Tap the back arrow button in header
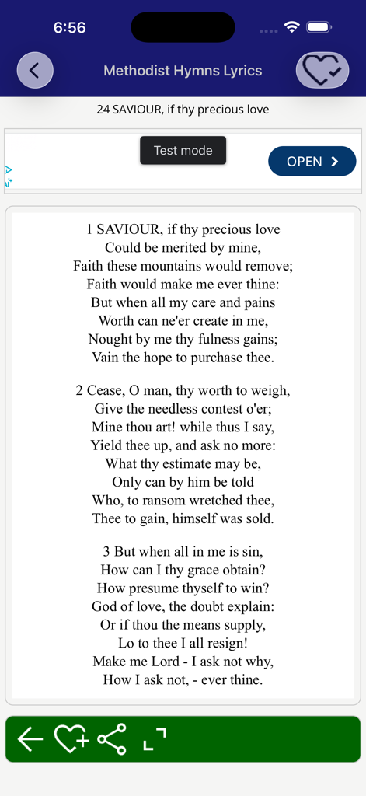coord(35,71)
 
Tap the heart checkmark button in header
coord(322,71)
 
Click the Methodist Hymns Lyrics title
coord(183,71)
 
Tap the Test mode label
coord(183,151)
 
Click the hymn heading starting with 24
coord(183,110)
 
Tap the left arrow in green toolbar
coord(30,739)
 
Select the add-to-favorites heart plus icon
coord(71,739)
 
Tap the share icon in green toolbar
coord(112,739)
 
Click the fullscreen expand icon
coord(155,740)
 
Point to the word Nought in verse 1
coord(110,340)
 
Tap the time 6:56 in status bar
coord(69,28)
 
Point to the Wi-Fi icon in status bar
coord(292,27)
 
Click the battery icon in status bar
coord(319,27)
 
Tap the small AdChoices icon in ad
coord(9,176)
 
